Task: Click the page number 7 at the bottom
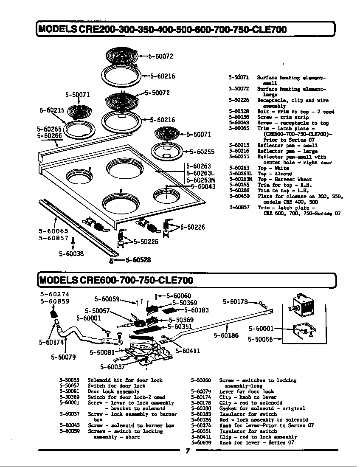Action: (187, 451)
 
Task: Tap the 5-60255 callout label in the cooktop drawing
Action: (202, 152)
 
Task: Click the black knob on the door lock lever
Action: (54, 315)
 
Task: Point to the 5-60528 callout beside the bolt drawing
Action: (136, 260)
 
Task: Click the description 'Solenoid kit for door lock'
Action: (125, 380)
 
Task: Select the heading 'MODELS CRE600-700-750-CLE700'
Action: (116, 280)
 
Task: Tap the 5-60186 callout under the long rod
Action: (226, 335)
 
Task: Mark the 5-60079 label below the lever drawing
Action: (64, 357)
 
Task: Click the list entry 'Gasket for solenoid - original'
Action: (262, 408)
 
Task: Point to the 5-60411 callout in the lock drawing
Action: (188, 351)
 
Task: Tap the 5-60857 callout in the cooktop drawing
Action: (53, 239)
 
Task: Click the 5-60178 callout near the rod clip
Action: (235, 302)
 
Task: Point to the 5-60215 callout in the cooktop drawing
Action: (52, 110)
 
